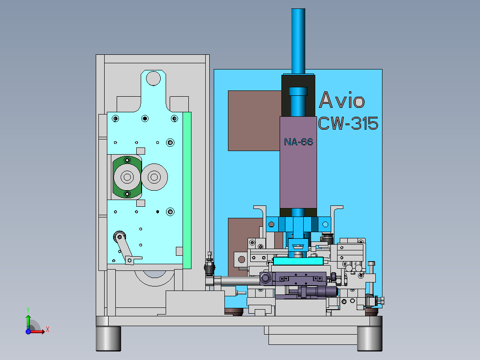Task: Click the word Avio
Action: point(342,100)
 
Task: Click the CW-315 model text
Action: point(348,123)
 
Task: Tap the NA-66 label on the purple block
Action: point(298,142)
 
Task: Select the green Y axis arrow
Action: point(28,322)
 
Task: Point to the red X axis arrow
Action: point(37,331)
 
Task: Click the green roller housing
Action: point(127,177)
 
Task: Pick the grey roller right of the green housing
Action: point(154,177)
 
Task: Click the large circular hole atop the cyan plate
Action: point(153,78)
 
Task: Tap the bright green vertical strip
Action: point(187,190)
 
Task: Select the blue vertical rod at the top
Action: point(298,41)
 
